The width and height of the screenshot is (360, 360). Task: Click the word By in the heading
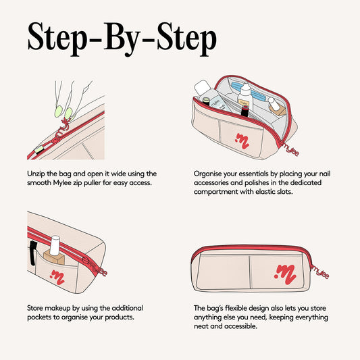[121, 39]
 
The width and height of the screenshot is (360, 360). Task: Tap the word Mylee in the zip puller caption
[62, 183]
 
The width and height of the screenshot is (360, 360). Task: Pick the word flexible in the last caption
[236, 308]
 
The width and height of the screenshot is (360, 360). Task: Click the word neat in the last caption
[201, 326]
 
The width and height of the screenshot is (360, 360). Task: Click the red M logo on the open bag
[242, 140]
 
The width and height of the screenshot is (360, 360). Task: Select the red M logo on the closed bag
[286, 274]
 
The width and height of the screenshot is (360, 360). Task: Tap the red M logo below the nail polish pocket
[57, 277]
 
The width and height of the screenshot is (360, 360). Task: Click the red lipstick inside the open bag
[245, 111]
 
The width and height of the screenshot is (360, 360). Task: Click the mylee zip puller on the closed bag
[320, 272]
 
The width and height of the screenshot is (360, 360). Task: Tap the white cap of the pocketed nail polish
[55, 245]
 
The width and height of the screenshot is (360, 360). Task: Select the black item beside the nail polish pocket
[33, 253]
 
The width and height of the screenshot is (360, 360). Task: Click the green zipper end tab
[38, 150]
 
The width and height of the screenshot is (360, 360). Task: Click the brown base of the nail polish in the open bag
[278, 110]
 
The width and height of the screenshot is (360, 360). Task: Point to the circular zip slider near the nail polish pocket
[86, 261]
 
